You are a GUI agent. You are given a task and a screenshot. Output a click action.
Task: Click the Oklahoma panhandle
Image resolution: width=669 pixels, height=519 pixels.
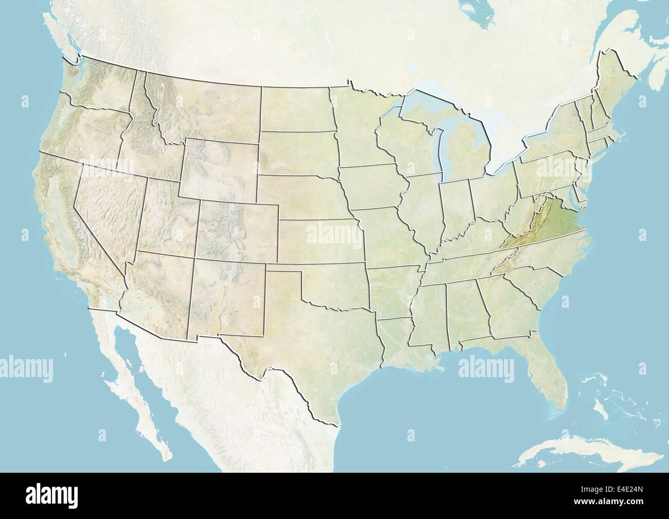(283, 268)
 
